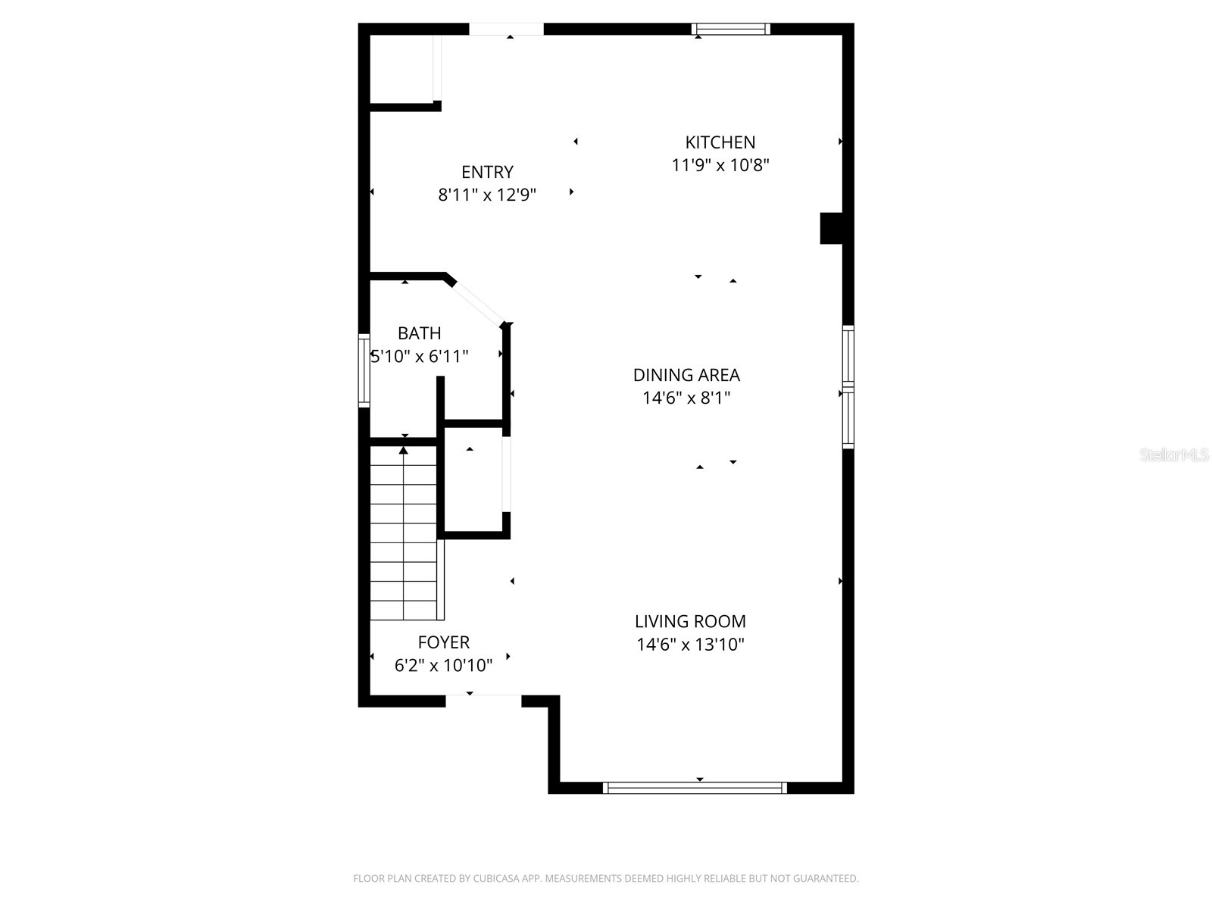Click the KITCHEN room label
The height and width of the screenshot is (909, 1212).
click(x=720, y=142)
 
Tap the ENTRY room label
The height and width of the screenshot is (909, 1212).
click(x=487, y=172)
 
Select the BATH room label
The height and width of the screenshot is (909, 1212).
click(x=419, y=333)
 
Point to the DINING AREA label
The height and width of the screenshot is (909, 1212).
click(x=686, y=375)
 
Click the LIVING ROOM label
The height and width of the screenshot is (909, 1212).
click(x=690, y=622)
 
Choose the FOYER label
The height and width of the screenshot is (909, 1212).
click(x=443, y=642)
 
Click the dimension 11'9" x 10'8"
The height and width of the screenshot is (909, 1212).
click(x=720, y=165)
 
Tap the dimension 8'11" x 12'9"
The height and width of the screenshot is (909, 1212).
click(x=487, y=195)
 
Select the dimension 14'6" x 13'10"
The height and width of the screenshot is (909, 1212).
click(x=690, y=645)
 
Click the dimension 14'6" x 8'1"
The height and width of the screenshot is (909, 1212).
click(x=686, y=398)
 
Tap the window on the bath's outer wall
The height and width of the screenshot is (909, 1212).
click(x=364, y=370)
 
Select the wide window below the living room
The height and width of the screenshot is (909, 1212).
click(x=695, y=788)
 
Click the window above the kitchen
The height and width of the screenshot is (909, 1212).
click(x=730, y=30)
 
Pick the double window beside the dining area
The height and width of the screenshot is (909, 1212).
click(x=848, y=387)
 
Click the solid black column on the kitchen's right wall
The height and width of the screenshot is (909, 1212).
click(x=832, y=228)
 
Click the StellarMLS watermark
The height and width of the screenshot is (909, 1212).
click(x=1174, y=455)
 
